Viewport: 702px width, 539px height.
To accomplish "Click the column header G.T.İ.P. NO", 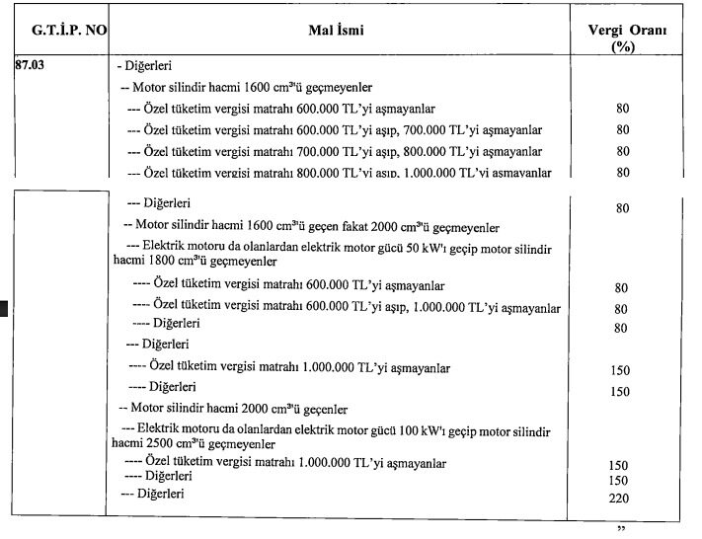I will (61, 31).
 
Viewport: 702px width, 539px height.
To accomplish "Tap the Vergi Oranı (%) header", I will (621, 38).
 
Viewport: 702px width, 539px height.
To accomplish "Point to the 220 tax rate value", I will (620, 499).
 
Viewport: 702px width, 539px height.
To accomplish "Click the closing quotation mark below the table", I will (621, 530).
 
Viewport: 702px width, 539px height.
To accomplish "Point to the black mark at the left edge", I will (4, 308).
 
